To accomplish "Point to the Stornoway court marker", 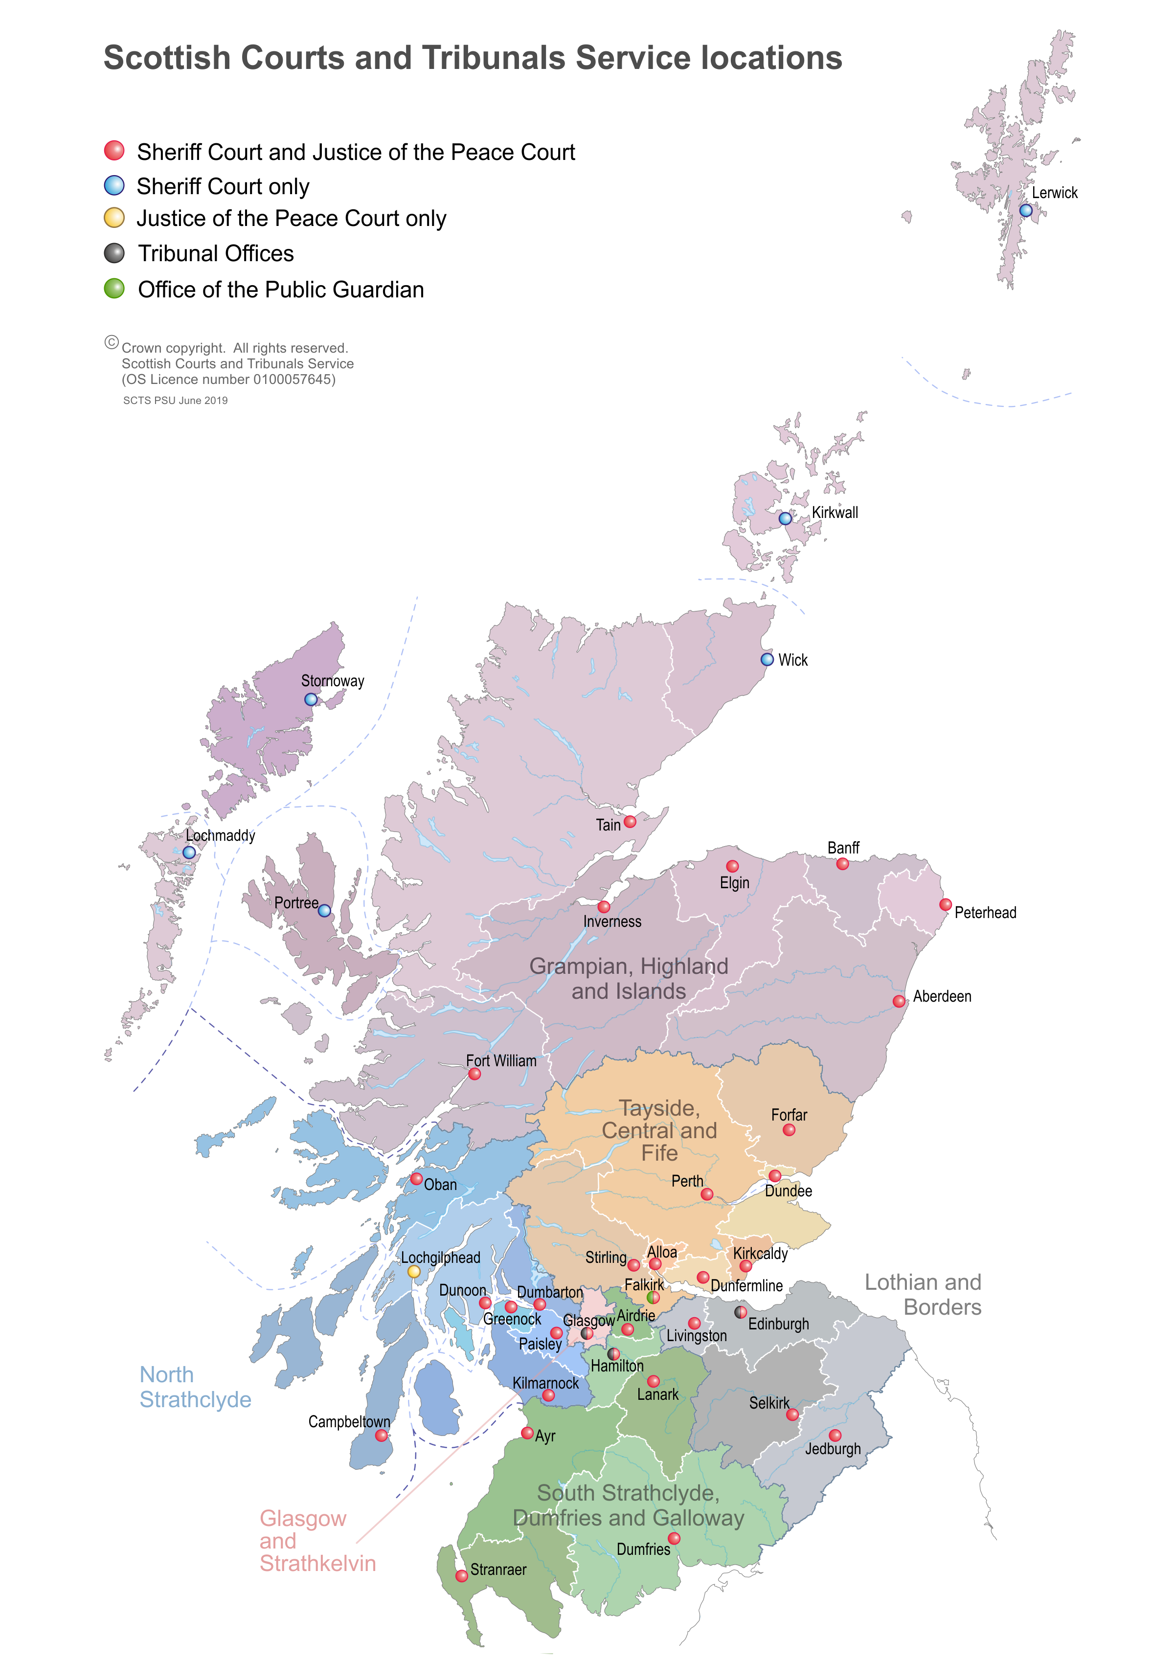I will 310,699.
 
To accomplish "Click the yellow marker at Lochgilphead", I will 414,1271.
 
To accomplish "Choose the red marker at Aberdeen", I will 899,1001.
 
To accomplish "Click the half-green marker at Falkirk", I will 653,1297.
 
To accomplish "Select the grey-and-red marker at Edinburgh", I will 740,1312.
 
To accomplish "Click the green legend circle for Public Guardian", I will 114,289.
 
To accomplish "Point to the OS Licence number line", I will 228,379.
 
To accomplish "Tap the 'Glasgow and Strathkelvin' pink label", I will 317,1540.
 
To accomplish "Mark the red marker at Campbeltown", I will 381,1436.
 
